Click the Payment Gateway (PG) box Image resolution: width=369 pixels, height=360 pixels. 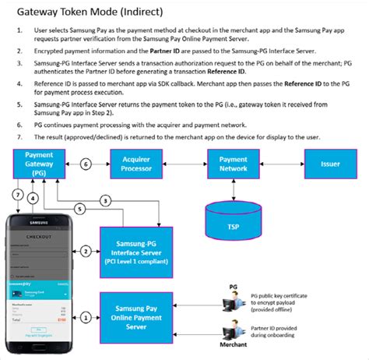coord(38,164)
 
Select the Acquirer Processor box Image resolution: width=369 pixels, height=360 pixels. coord(136,164)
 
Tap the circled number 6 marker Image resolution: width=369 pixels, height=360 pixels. coord(86,164)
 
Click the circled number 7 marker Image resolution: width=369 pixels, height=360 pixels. coord(17,194)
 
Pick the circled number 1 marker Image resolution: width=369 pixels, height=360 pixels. coord(86,316)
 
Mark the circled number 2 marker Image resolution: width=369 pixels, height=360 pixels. coord(86,251)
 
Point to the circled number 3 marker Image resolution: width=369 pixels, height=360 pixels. coord(104,200)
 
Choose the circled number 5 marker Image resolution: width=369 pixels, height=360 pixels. coord(79,208)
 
